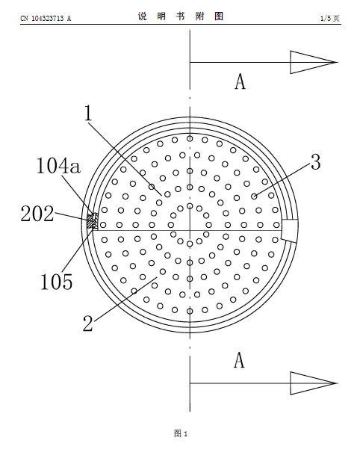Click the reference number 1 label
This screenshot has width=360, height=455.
tap(88, 113)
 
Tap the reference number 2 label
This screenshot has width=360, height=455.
tap(88, 324)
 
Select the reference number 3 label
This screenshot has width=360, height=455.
tap(316, 162)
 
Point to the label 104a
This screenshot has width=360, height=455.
tap(58, 167)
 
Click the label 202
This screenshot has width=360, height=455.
tap(37, 214)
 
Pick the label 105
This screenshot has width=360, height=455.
tap(56, 282)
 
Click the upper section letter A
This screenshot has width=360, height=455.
tap(240, 81)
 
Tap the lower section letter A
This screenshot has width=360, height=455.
tap(239, 360)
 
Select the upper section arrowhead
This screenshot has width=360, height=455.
tap(314, 62)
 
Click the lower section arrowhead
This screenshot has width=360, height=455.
tap(314, 383)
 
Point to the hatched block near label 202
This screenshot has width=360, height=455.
tap(93, 222)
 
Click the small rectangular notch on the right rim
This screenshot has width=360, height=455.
tap(290, 230)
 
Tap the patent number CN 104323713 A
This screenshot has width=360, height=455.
tap(46, 19)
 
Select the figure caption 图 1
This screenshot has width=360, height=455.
tap(181, 433)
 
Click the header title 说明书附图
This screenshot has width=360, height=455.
tap(181, 16)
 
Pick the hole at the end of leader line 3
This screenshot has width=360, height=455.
tap(254, 196)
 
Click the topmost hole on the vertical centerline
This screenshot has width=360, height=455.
tap(190, 139)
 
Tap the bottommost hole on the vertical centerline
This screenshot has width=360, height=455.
tap(190, 312)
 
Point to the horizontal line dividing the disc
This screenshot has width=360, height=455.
tap(187, 231)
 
